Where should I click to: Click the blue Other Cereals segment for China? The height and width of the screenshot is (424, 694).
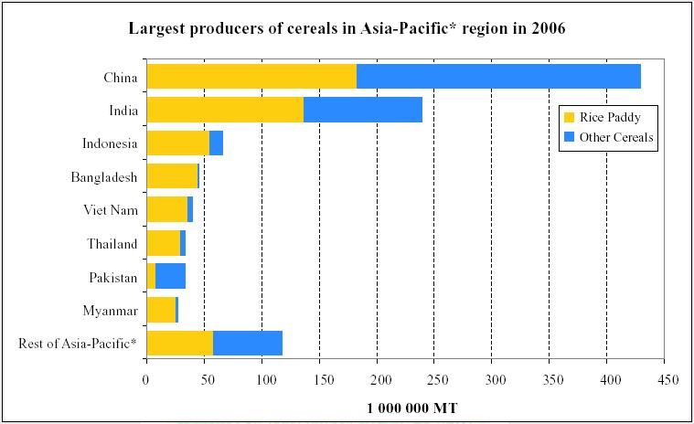[498, 77]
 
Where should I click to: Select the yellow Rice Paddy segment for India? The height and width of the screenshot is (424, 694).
[225, 110]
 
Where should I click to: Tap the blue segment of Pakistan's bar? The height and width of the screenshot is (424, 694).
[170, 276]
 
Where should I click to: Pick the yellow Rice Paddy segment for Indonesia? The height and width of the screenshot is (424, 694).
[177, 143]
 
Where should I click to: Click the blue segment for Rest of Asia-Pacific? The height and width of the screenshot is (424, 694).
[248, 343]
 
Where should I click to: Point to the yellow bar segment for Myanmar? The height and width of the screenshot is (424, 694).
[161, 310]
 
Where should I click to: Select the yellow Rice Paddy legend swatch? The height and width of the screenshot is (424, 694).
[569, 118]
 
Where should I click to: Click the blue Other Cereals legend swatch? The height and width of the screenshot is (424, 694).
[569, 137]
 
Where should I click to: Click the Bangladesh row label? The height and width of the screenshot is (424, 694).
[103, 177]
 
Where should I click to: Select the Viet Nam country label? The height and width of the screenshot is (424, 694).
[111, 210]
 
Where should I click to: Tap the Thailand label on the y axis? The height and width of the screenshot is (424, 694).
[112, 244]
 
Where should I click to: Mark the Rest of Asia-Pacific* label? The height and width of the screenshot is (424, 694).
[78, 344]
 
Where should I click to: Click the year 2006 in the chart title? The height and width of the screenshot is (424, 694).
[546, 29]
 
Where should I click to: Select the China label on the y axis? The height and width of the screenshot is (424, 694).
[121, 77]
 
